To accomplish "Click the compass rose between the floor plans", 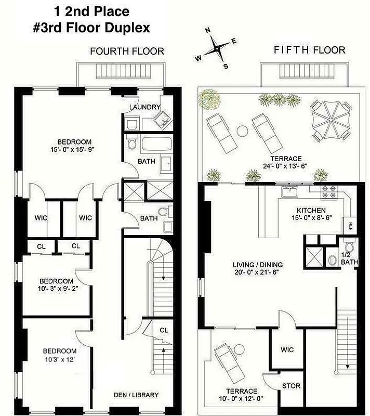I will (x=216, y=50).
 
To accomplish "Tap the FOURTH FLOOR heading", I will (x=127, y=51).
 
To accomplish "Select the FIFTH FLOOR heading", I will (x=309, y=50).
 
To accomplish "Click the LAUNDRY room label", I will (x=145, y=107).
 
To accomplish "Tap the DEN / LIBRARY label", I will (x=136, y=395).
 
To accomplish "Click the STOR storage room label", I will (x=290, y=386).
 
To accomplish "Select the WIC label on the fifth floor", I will (x=287, y=350).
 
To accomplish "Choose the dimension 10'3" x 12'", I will (x=59, y=359).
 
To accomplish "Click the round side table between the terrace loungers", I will (x=242, y=129).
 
